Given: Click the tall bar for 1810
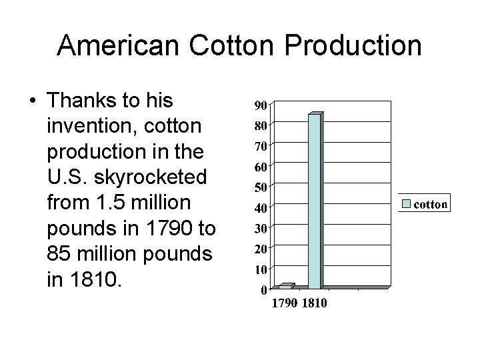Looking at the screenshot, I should [x=315, y=200].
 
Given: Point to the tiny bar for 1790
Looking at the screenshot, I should [x=285, y=286].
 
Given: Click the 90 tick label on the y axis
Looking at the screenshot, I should [x=260, y=105].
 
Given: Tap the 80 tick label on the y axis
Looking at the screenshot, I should [x=260, y=125].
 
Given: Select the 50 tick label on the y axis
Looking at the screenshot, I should [x=260, y=187].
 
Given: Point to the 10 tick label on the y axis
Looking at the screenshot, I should [x=260, y=269].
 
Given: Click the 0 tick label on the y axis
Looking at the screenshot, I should [x=263, y=290].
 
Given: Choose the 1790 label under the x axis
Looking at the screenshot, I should [x=285, y=305].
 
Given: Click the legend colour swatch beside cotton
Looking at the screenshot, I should [x=407, y=204].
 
